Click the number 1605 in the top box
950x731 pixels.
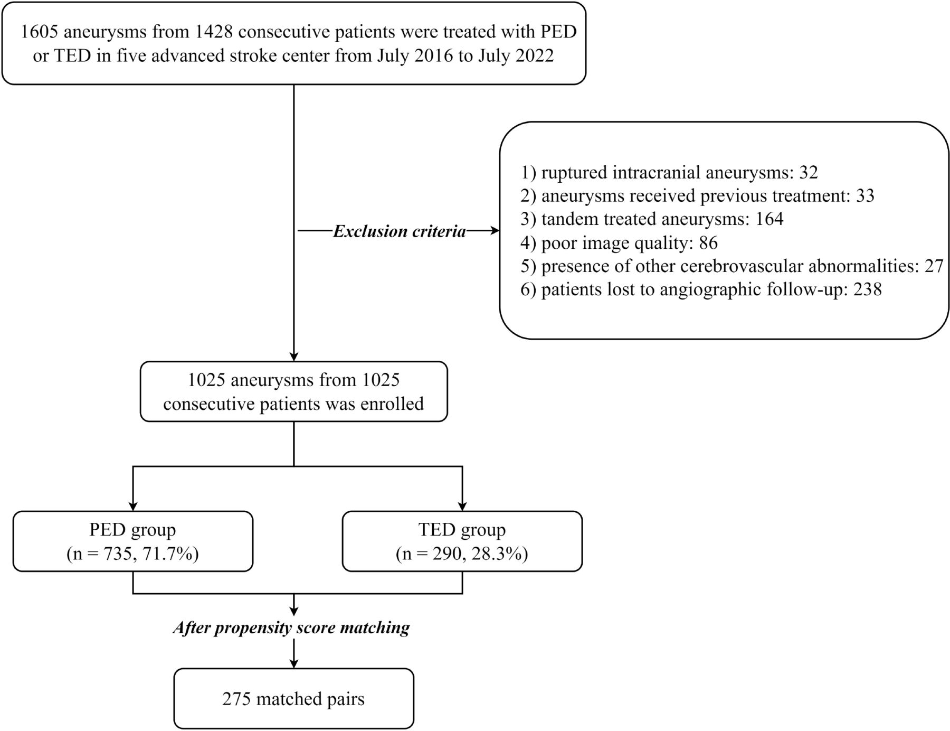click(x=42, y=32)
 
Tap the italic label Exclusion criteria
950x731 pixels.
click(x=400, y=231)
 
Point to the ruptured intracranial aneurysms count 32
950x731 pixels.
click(x=808, y=173)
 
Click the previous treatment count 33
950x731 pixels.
click(x=865, y=196)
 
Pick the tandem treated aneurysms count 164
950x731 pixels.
click(x=769, y=219)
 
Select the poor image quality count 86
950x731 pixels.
click(x=708, y=243)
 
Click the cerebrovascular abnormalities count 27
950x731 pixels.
click(x=934, y=266)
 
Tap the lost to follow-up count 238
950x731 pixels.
click(x=867, y=289)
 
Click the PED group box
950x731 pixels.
click(x=133, y=541)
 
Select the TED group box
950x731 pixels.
click(x=462, y=541)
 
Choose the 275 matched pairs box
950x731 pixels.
click(x=294, y=698)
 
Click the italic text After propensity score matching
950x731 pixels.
click(x=291, y=628)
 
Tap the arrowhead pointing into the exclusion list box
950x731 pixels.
click(x=495, y=231)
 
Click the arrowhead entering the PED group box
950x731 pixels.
click(x=133, y=505)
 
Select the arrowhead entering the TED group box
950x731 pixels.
click(x=462, y=505)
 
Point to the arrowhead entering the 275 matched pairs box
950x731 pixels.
click(x=294, y=663)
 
